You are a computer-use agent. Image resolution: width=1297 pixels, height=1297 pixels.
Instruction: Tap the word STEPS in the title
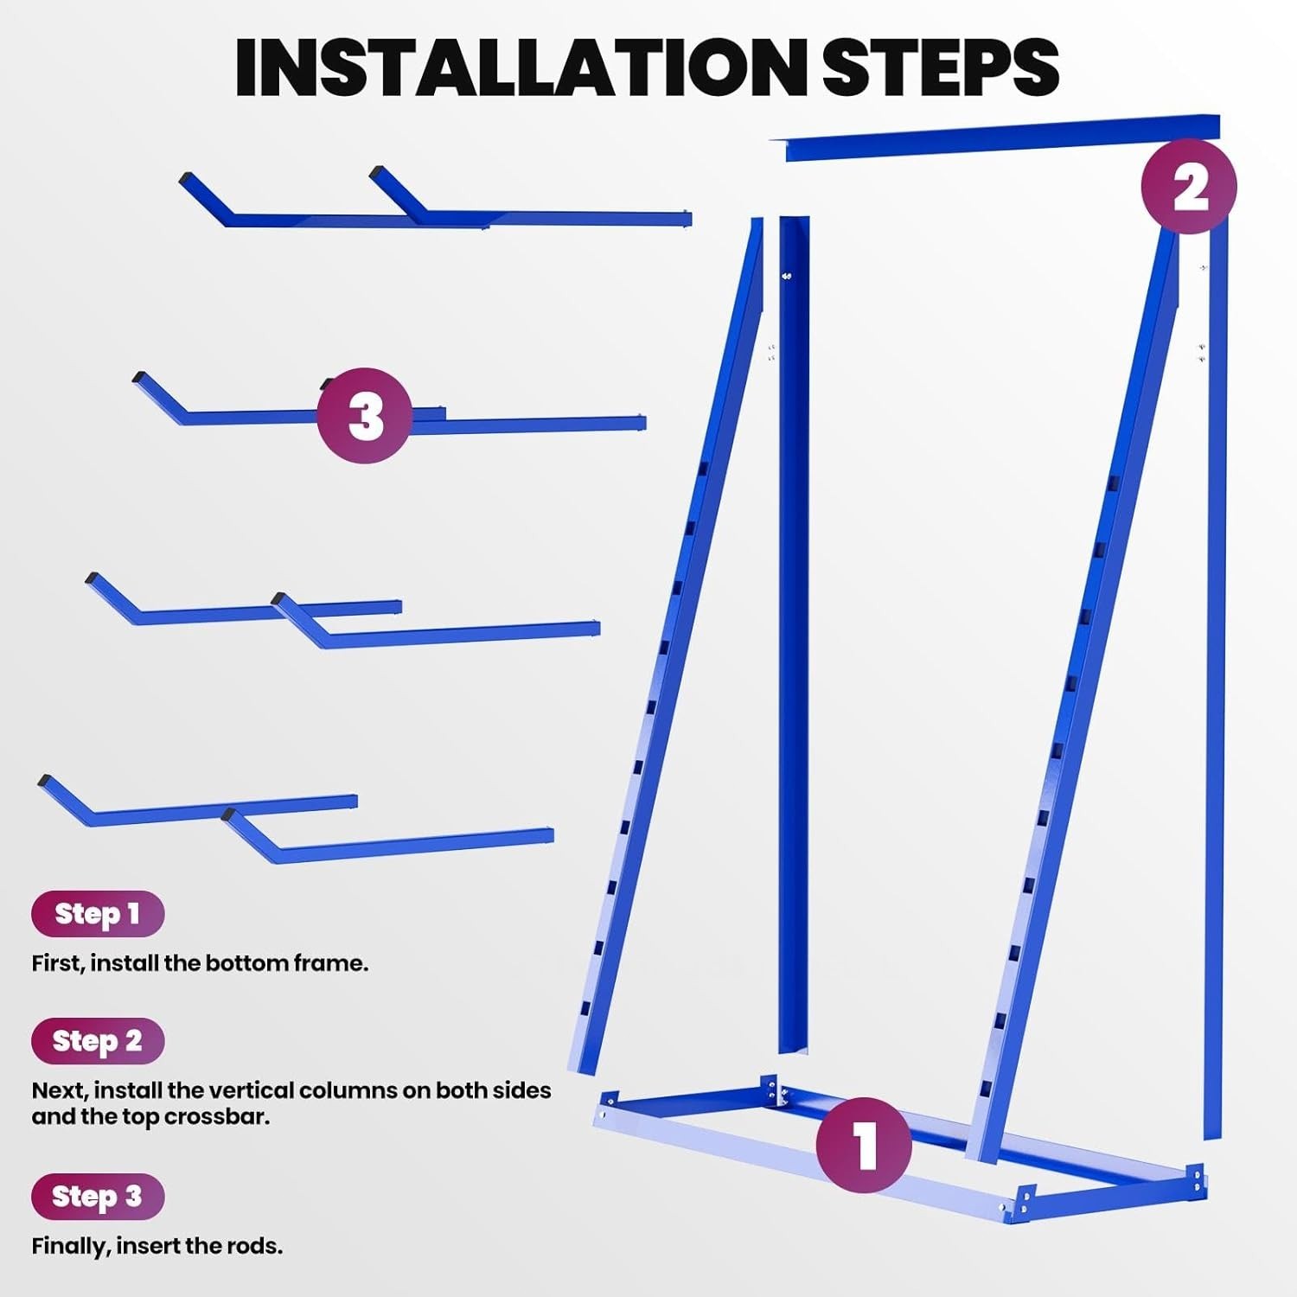pyautogui.click(x=941, y=67)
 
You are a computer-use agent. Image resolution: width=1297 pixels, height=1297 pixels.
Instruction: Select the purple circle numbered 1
pyautogui.click(x=864, y=1145)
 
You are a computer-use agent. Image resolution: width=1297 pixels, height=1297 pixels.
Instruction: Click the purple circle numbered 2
pyautogui.click(x=1189, y=186)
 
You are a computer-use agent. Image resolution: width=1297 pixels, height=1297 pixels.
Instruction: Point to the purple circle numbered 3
pyautogui.click(x=364, y=415)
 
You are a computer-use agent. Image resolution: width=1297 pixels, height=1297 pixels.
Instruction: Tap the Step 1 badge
pyautogui.click(x=98, y=914)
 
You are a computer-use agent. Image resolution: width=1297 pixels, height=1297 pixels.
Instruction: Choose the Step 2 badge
pyautogui.click(x=98, y=1041)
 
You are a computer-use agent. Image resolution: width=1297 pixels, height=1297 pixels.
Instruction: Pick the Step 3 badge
pyautogui.click(x=98, y=1197)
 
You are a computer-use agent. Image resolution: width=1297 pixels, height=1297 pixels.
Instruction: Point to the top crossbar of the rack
pyautogui.click(x=1003, y=137)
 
